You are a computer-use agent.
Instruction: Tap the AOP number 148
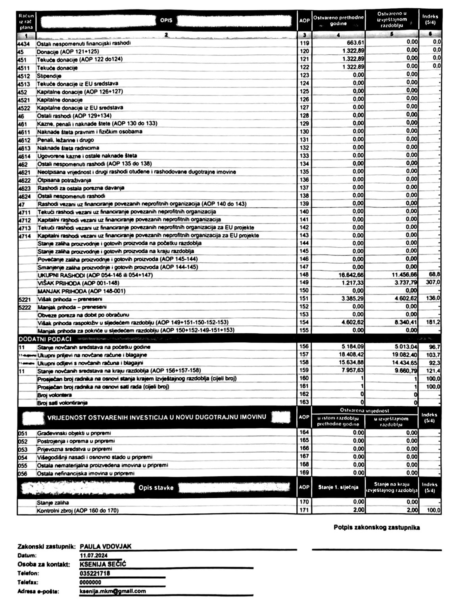[304, 275]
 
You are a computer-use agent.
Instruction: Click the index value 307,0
[433, 283]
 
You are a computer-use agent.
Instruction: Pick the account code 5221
[25, 299]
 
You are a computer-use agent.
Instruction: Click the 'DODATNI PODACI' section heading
[45, 339]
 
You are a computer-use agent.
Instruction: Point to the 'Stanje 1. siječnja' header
[338, 488]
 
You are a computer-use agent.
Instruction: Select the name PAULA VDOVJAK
[106, 547]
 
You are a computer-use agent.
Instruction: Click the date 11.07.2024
[94, 556]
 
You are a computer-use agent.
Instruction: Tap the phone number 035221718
[95, 573]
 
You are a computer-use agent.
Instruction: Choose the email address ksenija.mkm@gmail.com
[113, 591]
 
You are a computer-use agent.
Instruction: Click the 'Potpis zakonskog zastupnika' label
[376, 528]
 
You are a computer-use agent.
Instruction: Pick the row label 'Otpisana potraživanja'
[64, 180]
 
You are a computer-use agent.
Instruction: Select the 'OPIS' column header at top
[166, 20]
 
